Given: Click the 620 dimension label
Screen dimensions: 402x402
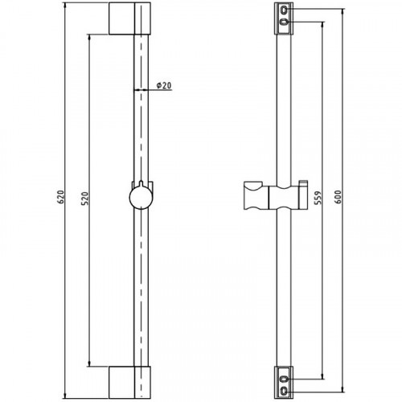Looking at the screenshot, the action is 61,197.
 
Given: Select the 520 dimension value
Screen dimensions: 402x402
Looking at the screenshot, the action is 85,199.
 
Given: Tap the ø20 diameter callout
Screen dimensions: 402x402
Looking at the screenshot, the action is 164,85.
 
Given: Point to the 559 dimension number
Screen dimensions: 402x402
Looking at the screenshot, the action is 318,198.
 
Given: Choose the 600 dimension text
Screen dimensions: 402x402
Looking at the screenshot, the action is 338,197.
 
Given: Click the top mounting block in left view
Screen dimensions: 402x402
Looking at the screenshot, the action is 129,18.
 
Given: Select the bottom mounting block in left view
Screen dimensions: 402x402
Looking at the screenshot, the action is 129,383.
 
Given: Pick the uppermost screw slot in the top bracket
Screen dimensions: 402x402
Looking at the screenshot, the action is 284,10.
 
